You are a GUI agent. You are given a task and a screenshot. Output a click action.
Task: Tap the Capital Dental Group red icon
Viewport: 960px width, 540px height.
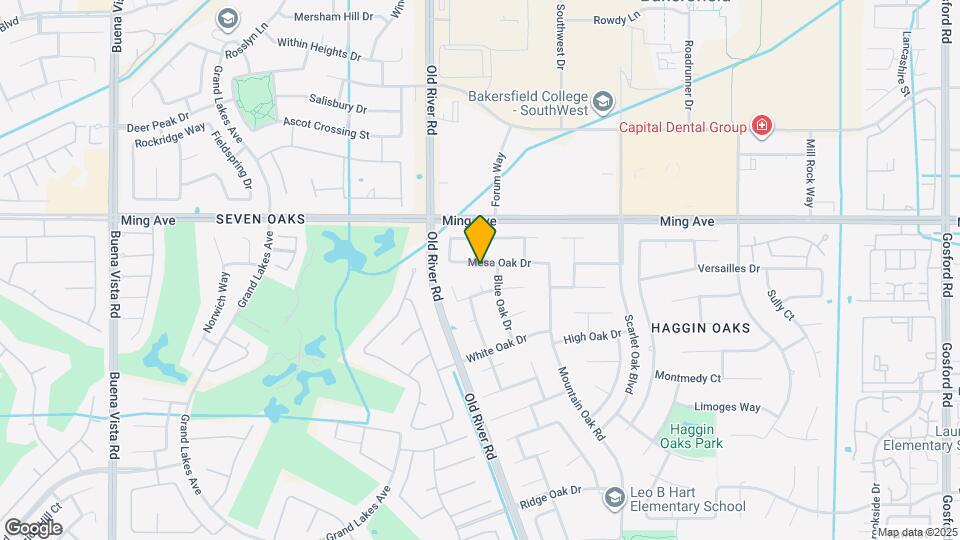(x=762, y=127)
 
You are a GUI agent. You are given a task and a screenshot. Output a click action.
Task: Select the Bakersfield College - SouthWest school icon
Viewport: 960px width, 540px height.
(x=603, y=101)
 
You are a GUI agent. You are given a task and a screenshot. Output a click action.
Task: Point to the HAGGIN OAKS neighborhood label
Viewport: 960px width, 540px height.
(x=700, y=328)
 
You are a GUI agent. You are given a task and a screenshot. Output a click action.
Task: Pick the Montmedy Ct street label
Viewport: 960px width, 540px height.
(x=687, y=377)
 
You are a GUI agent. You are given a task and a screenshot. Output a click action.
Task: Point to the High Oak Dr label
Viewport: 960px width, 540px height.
(x=593, y=339)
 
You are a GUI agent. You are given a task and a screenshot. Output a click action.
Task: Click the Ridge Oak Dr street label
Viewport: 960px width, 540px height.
(x=551, y=491)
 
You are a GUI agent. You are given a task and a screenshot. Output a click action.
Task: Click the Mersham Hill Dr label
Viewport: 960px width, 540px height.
(x=334, y=17)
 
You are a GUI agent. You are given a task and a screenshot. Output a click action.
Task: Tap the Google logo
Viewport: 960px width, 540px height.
(x=32, y=527)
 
